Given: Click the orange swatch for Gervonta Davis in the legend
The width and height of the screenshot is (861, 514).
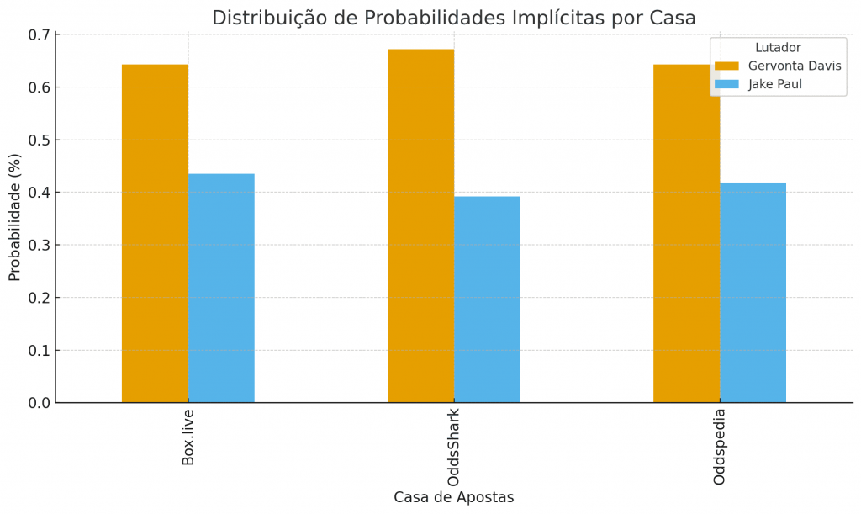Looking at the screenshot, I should [726, 66].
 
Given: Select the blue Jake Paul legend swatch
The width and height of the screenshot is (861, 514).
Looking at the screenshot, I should [726, 84].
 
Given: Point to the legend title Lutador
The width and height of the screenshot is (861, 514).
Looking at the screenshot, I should [778, 48].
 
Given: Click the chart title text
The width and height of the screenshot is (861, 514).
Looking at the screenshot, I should [454, 18].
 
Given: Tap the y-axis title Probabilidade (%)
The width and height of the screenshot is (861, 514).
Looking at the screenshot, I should [15, 217].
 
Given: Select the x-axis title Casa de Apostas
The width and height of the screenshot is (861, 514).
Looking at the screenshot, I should [454, 497].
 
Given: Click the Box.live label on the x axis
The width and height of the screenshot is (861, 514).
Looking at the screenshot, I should [188, 437].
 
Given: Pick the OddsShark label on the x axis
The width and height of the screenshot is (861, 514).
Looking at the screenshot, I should [454, 448].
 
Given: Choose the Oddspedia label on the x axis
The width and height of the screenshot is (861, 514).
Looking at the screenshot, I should [720, 447].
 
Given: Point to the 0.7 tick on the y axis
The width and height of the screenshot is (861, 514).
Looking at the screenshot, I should [39, 34].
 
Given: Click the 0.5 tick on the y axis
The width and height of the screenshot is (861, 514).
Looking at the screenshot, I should [39, 140].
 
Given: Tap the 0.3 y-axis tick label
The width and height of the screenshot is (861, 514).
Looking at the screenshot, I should [39, 245].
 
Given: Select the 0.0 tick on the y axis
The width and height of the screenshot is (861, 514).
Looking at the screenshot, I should [39, 403].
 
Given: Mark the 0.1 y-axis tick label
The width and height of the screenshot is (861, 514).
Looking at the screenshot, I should [39, 350].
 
